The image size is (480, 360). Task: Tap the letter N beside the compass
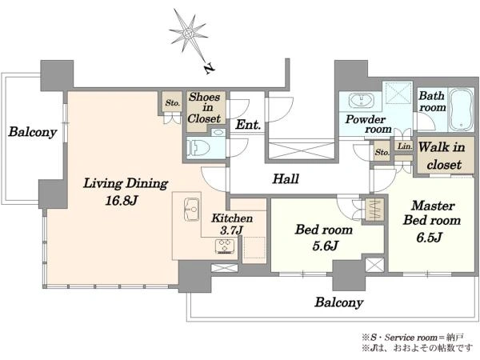tap(209, 69)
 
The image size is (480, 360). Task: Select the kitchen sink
tap(192, 210)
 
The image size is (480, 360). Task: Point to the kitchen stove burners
tap(226, 246)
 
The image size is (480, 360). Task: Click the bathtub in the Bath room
tap(461, 110)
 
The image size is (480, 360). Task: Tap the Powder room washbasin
tap(362, 101)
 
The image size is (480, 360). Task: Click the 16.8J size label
tap(122, 201)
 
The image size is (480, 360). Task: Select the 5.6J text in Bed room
tap(325, 246)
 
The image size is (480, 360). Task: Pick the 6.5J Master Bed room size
tap(429, 238)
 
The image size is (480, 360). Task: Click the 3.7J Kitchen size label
tap(231, 230)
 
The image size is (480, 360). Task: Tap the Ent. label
tap(248, 125)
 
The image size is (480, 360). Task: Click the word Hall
tap(286, 178)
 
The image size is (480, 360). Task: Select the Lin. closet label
tap(405, 146)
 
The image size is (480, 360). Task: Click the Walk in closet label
tap(442, 156)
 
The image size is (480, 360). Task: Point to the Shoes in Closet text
tap(204, 107)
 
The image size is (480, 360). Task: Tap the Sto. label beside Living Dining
tap(172, 103)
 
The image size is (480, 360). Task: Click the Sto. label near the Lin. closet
tap(382, 152)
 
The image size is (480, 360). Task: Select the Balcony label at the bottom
tap(339, 302)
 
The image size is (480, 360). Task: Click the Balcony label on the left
tap(33, 132)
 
